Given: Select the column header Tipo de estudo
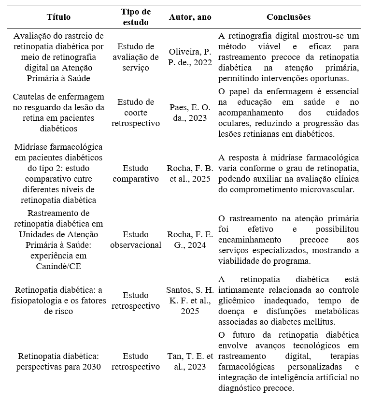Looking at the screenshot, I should tap(136, 17).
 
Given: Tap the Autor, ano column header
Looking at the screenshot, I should tap(190, 17).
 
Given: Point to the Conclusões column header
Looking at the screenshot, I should tap(288, 17).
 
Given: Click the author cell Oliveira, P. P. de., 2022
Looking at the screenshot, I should tap(190, 57).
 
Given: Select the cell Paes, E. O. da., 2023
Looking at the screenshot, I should tap(190, 113).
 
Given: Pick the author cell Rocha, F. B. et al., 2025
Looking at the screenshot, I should tap(190, 173).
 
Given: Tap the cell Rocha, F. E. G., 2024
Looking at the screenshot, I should tap(190, 240).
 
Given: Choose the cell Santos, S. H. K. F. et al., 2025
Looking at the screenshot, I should tap(190, 301).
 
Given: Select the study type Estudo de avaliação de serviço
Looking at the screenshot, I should tap(136, 57).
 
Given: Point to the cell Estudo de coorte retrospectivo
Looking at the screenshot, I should tap(136, 113).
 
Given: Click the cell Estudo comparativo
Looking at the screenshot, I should tap(136, 173).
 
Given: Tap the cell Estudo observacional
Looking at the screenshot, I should tap(136, 240).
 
